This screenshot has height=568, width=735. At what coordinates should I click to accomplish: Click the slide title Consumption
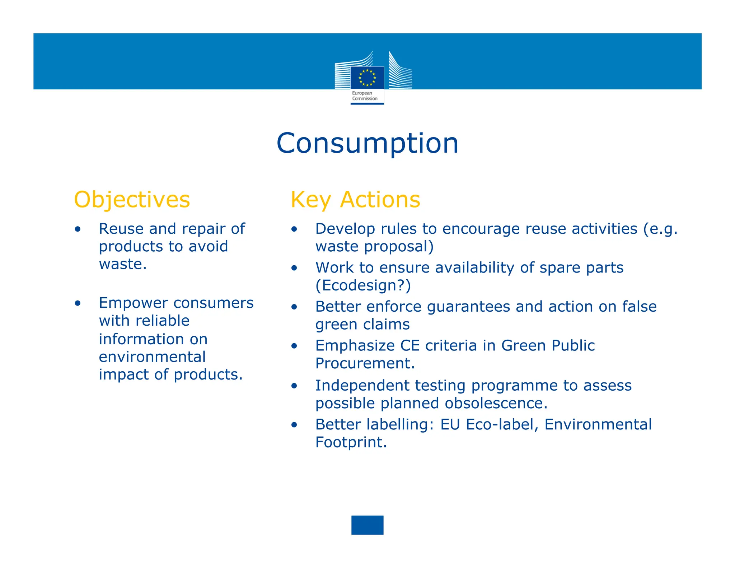367,143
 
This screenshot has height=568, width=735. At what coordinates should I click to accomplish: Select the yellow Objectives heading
132,200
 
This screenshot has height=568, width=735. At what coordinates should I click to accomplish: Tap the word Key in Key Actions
311,200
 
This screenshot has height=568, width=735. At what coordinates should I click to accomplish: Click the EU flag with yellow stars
367,78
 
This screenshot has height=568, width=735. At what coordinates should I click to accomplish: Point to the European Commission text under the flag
365,96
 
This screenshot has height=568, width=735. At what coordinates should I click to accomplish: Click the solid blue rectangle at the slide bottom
367,525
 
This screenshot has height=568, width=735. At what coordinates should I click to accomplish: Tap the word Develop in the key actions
345,229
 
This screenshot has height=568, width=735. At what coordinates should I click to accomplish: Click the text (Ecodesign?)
363,285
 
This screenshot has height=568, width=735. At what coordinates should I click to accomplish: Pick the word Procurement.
365,363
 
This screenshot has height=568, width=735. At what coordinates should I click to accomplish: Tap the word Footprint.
351,442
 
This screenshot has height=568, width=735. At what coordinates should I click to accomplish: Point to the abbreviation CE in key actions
409,346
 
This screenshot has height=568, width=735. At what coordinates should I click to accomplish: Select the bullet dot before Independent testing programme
294,386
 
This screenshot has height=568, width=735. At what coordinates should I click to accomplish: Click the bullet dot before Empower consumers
78,303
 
